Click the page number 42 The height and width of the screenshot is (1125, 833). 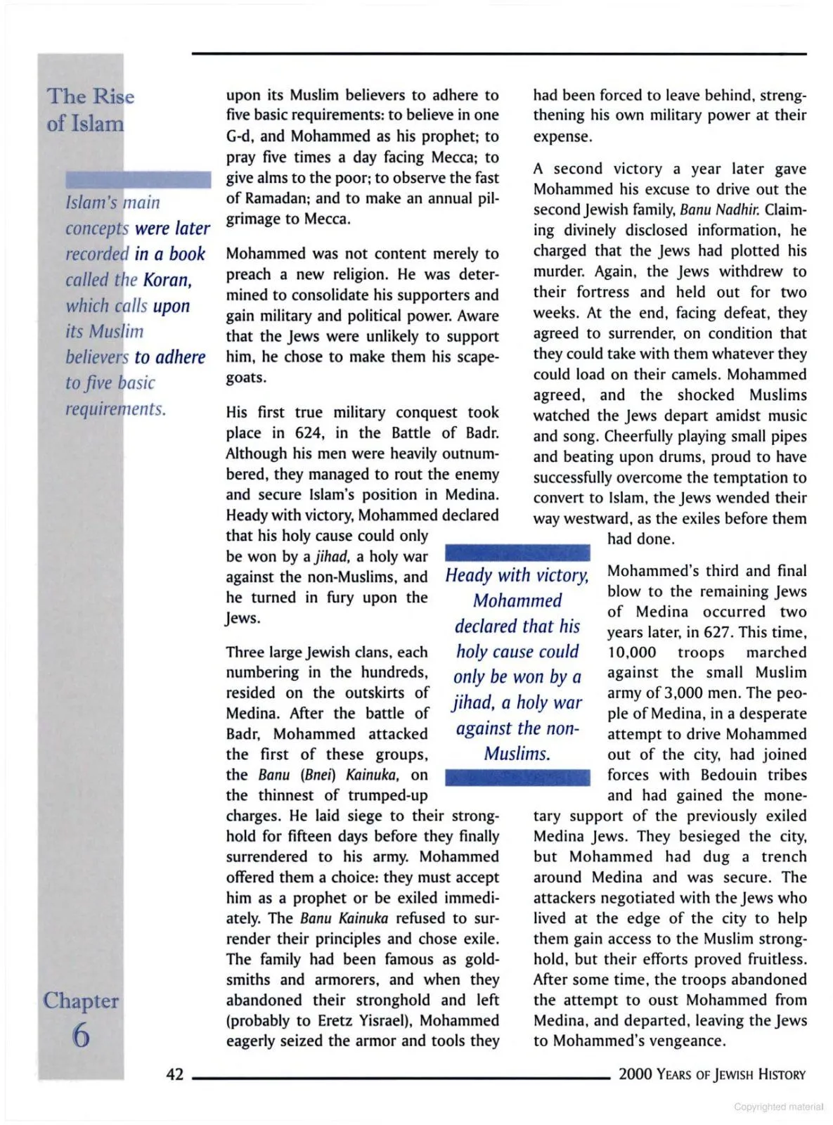174,1074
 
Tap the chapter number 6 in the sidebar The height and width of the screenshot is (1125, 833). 81,1035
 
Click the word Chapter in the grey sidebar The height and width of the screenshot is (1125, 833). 81,1000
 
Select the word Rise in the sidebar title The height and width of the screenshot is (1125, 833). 114,96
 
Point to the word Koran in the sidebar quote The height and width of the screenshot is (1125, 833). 167,280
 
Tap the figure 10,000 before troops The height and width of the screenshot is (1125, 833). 631,652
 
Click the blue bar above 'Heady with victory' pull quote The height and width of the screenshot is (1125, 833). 517,552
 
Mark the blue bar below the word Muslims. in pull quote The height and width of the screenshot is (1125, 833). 517,777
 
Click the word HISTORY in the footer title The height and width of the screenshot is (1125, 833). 772,1074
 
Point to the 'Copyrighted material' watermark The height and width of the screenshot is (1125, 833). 778,1107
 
